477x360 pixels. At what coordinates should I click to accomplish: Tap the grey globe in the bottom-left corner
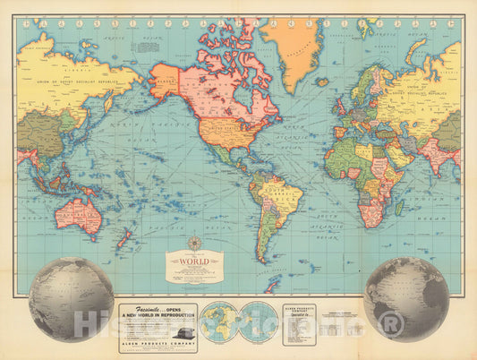(x=71, y=299)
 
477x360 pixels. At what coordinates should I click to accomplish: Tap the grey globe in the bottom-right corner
(x=407, y=298)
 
